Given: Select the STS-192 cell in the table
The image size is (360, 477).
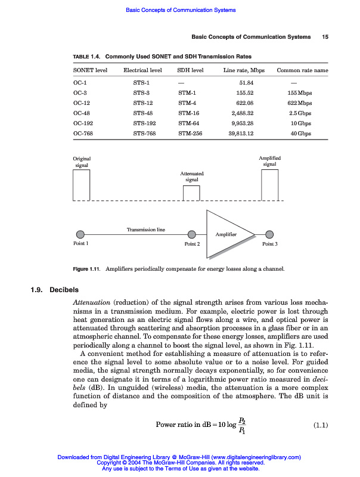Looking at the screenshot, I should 142,123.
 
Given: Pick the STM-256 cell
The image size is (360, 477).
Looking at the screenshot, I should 190,134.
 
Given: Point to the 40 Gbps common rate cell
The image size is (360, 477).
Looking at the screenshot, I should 301,134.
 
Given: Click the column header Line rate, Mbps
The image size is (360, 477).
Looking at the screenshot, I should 244,70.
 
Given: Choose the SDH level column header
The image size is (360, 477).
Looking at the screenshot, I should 191,70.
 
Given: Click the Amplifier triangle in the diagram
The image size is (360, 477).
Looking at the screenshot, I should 230,234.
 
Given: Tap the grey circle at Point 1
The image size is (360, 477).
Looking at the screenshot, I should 80,234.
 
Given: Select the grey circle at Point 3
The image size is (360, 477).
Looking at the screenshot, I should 270,234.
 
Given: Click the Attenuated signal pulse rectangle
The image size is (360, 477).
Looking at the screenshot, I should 191,193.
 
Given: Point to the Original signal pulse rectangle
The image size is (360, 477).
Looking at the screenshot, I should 81,184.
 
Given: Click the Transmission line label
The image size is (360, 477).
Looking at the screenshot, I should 146,229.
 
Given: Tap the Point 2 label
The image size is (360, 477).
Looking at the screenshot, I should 192,244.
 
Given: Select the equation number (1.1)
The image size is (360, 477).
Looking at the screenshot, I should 321,425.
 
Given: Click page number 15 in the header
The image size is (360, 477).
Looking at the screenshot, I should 325,37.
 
